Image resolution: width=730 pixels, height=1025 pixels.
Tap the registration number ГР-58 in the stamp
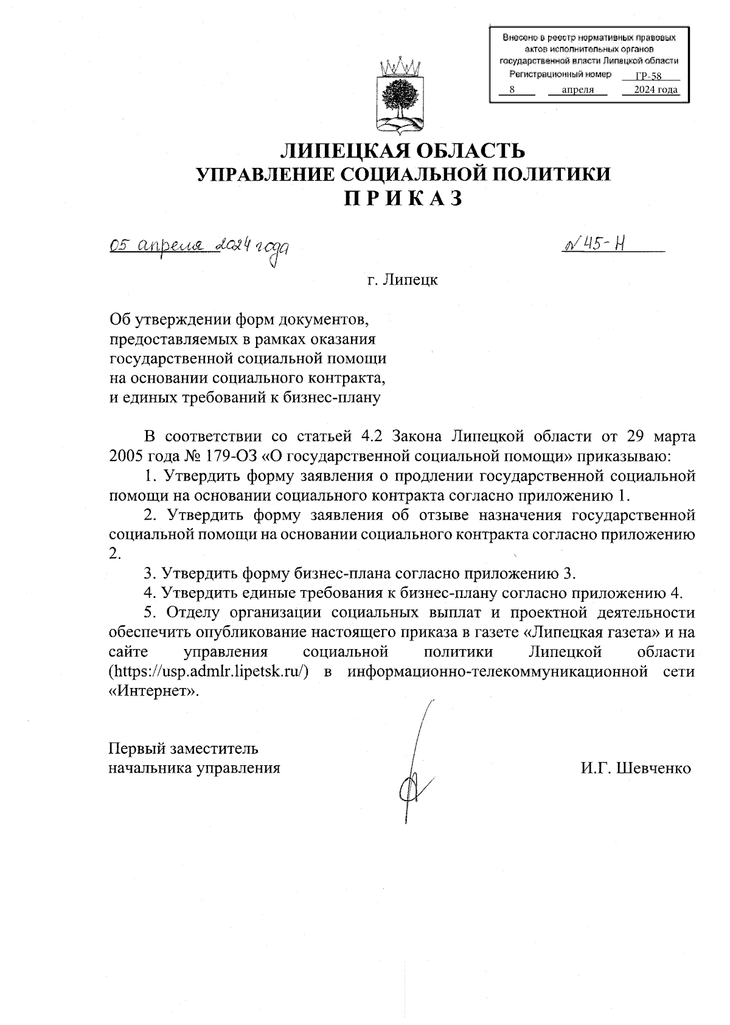648,77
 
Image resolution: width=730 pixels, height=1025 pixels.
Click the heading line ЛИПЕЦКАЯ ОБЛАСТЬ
401,150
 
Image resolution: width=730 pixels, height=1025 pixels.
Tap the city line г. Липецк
401,281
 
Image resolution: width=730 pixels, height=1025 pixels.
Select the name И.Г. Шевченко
636,768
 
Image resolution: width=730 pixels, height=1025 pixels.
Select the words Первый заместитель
183,748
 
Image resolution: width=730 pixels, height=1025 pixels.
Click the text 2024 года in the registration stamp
655,91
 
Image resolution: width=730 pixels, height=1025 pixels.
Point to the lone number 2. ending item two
114,554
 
